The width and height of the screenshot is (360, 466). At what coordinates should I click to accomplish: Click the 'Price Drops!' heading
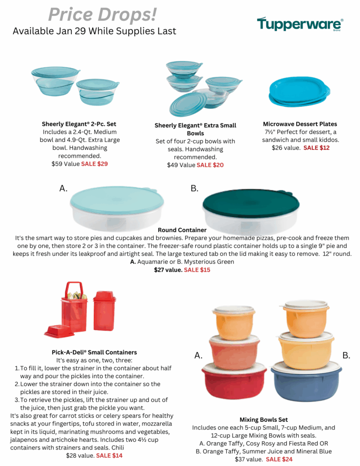[102, 15]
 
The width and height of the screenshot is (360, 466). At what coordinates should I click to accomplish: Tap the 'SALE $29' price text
[94, 164]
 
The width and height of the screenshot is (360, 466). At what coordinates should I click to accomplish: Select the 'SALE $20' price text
[210, 165]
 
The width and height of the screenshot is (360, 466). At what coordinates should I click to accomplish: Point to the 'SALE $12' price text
[316, 148]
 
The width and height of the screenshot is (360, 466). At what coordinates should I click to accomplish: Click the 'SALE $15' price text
[197, 270]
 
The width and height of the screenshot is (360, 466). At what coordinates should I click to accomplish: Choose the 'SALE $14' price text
[109, 455]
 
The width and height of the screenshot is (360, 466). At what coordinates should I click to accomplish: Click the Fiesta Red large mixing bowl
[234, 382]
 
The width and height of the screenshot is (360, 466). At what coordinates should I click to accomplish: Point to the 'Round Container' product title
[182, 230]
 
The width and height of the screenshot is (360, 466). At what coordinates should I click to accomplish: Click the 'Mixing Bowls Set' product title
[264, 420]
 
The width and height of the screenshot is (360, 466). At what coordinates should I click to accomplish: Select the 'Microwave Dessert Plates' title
[300, 124]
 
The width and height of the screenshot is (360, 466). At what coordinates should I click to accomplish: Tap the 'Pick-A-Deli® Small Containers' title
[94, 352]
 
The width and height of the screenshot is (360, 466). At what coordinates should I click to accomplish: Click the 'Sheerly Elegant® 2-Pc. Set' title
[79, 124]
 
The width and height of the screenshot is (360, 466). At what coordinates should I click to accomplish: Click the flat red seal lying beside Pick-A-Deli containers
[59, 331]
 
